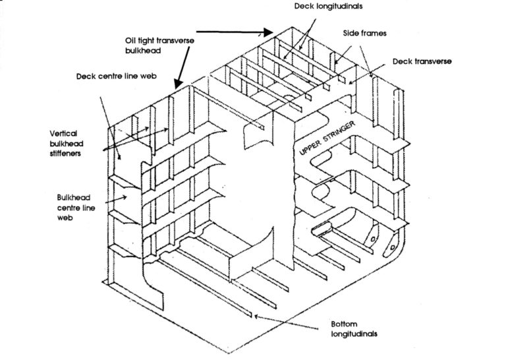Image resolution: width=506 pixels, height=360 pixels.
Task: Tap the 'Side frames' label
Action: (x=361, y=32)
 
